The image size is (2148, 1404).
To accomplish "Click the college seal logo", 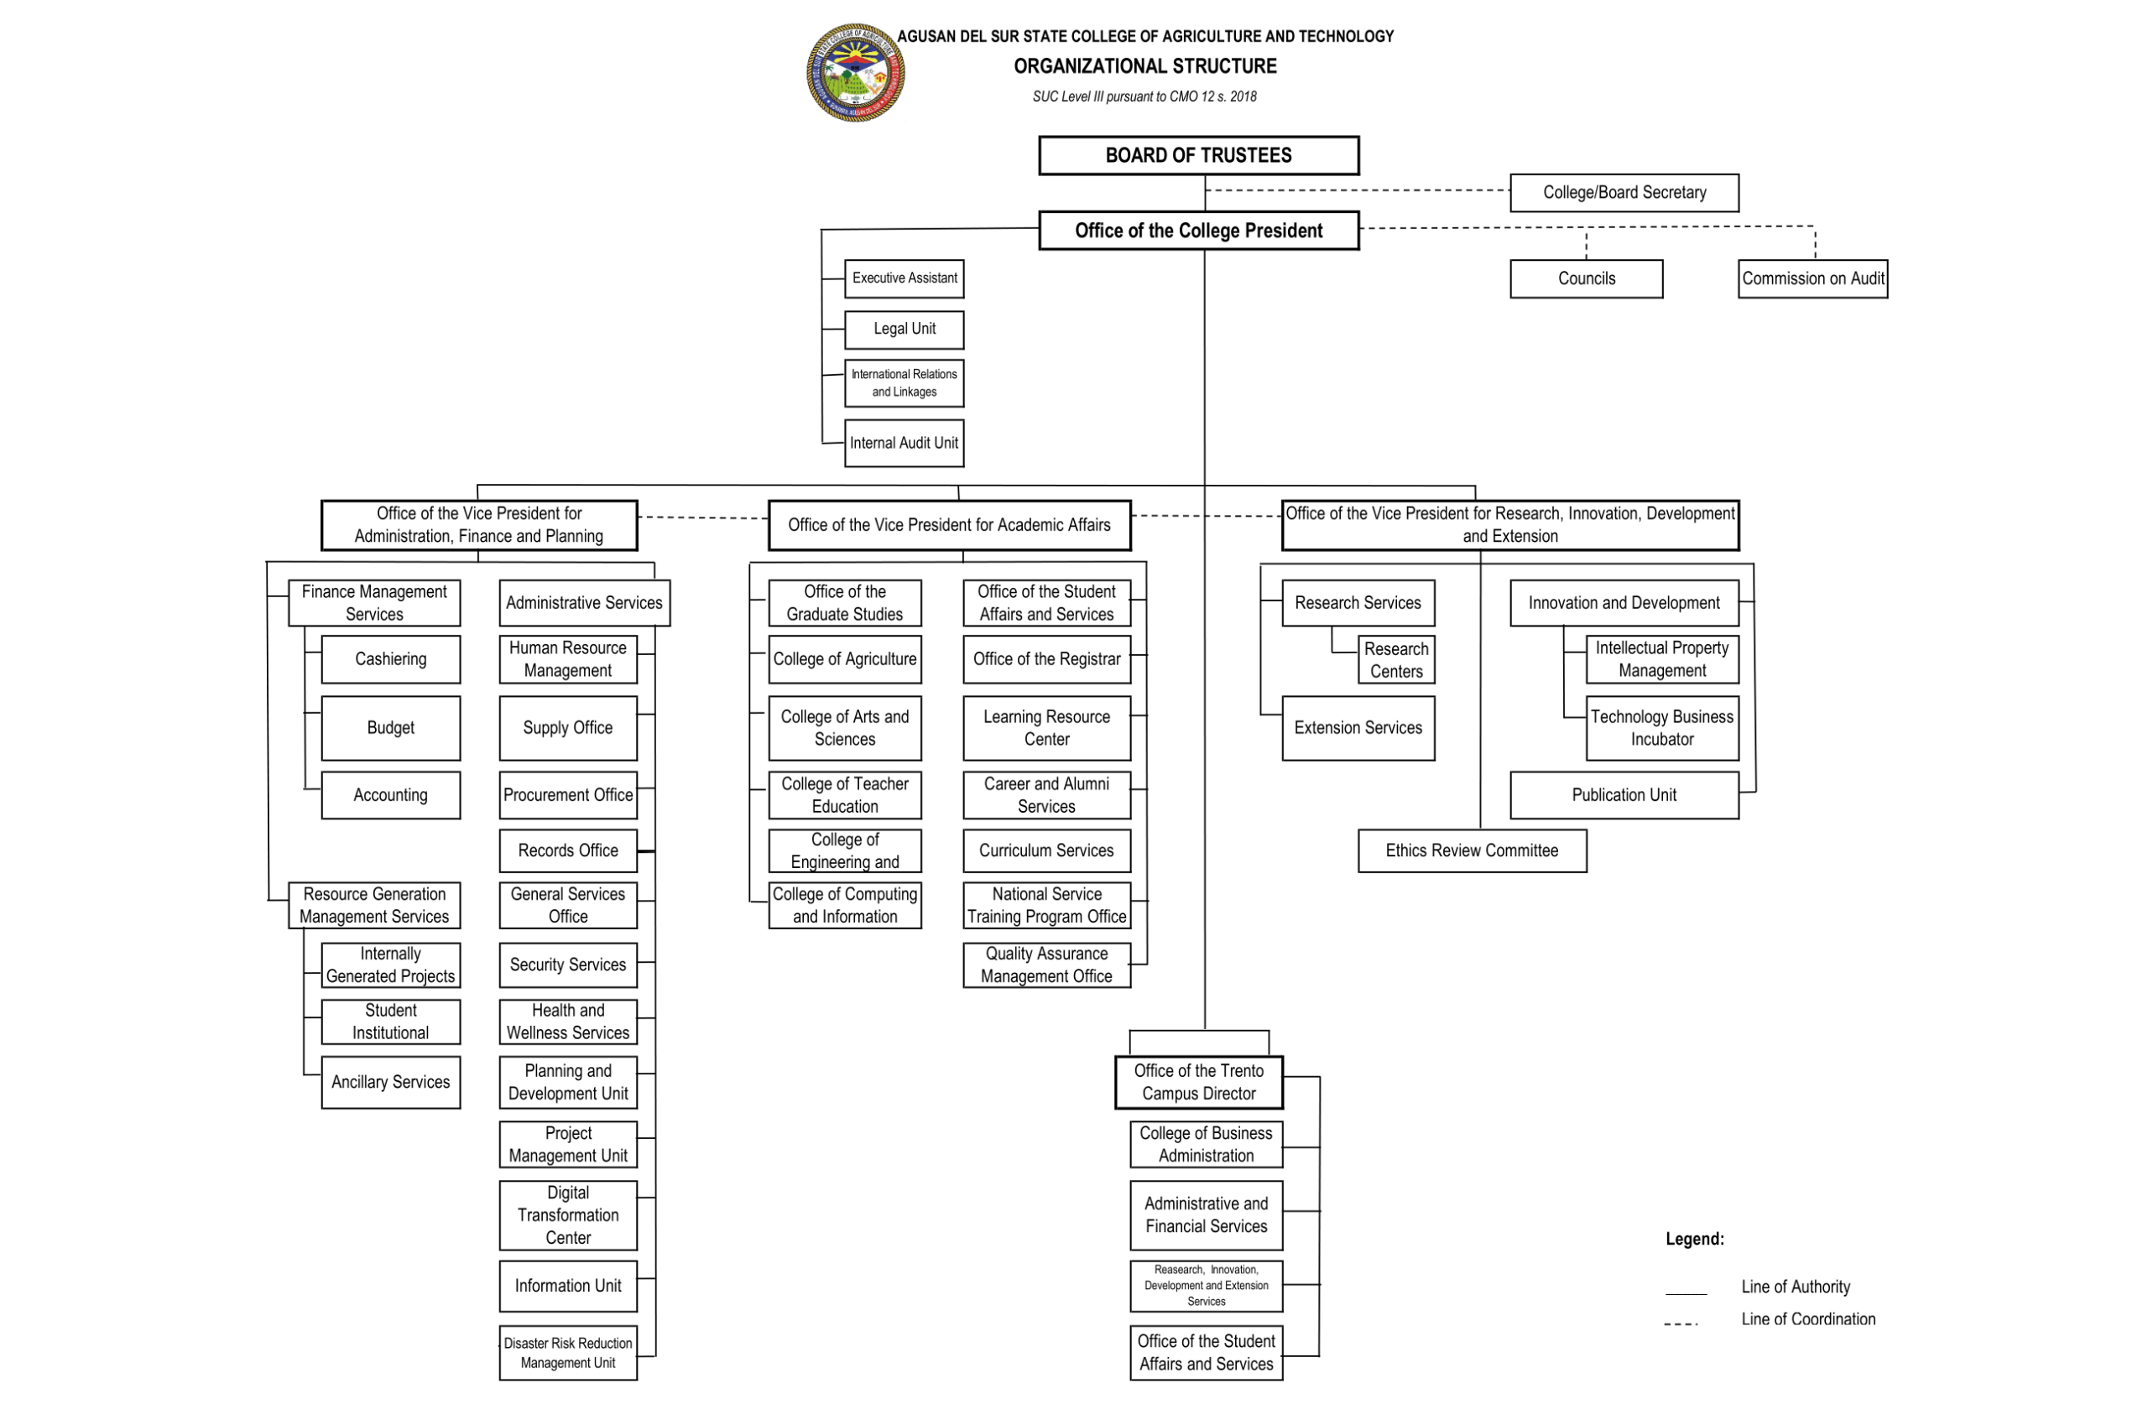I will pos(855,73).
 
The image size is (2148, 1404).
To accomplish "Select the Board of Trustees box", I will pos(1198,155).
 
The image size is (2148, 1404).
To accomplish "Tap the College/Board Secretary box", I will pos(1624,192).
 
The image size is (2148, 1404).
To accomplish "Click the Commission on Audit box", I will pos(1812,278).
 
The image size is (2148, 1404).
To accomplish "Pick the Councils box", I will pos(1586,278).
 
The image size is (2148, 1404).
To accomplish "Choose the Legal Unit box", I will pos(904,330).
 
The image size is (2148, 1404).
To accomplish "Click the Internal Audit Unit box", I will pos(904,443).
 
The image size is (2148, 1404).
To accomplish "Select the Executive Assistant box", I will pos(904,278).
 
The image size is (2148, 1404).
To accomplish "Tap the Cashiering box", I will pos(390,658).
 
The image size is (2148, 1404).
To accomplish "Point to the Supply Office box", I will pos(568,727).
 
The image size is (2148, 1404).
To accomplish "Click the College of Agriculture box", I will pos(844,658).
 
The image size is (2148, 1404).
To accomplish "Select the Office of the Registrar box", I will pos(1046,658).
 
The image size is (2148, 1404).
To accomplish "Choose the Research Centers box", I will pos(1395,659).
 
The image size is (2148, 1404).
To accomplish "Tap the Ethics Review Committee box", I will pos(1471,850).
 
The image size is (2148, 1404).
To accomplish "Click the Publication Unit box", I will pos(1624,794).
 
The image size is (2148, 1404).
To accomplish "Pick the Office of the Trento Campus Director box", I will pos(1198,1082).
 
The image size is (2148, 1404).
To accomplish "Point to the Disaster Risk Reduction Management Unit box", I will pos(568,1352).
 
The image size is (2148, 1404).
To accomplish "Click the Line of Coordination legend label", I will pos(1807,1318).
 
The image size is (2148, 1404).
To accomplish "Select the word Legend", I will pos(1694,1239).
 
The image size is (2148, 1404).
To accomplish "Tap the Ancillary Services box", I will pos(390,1081).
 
